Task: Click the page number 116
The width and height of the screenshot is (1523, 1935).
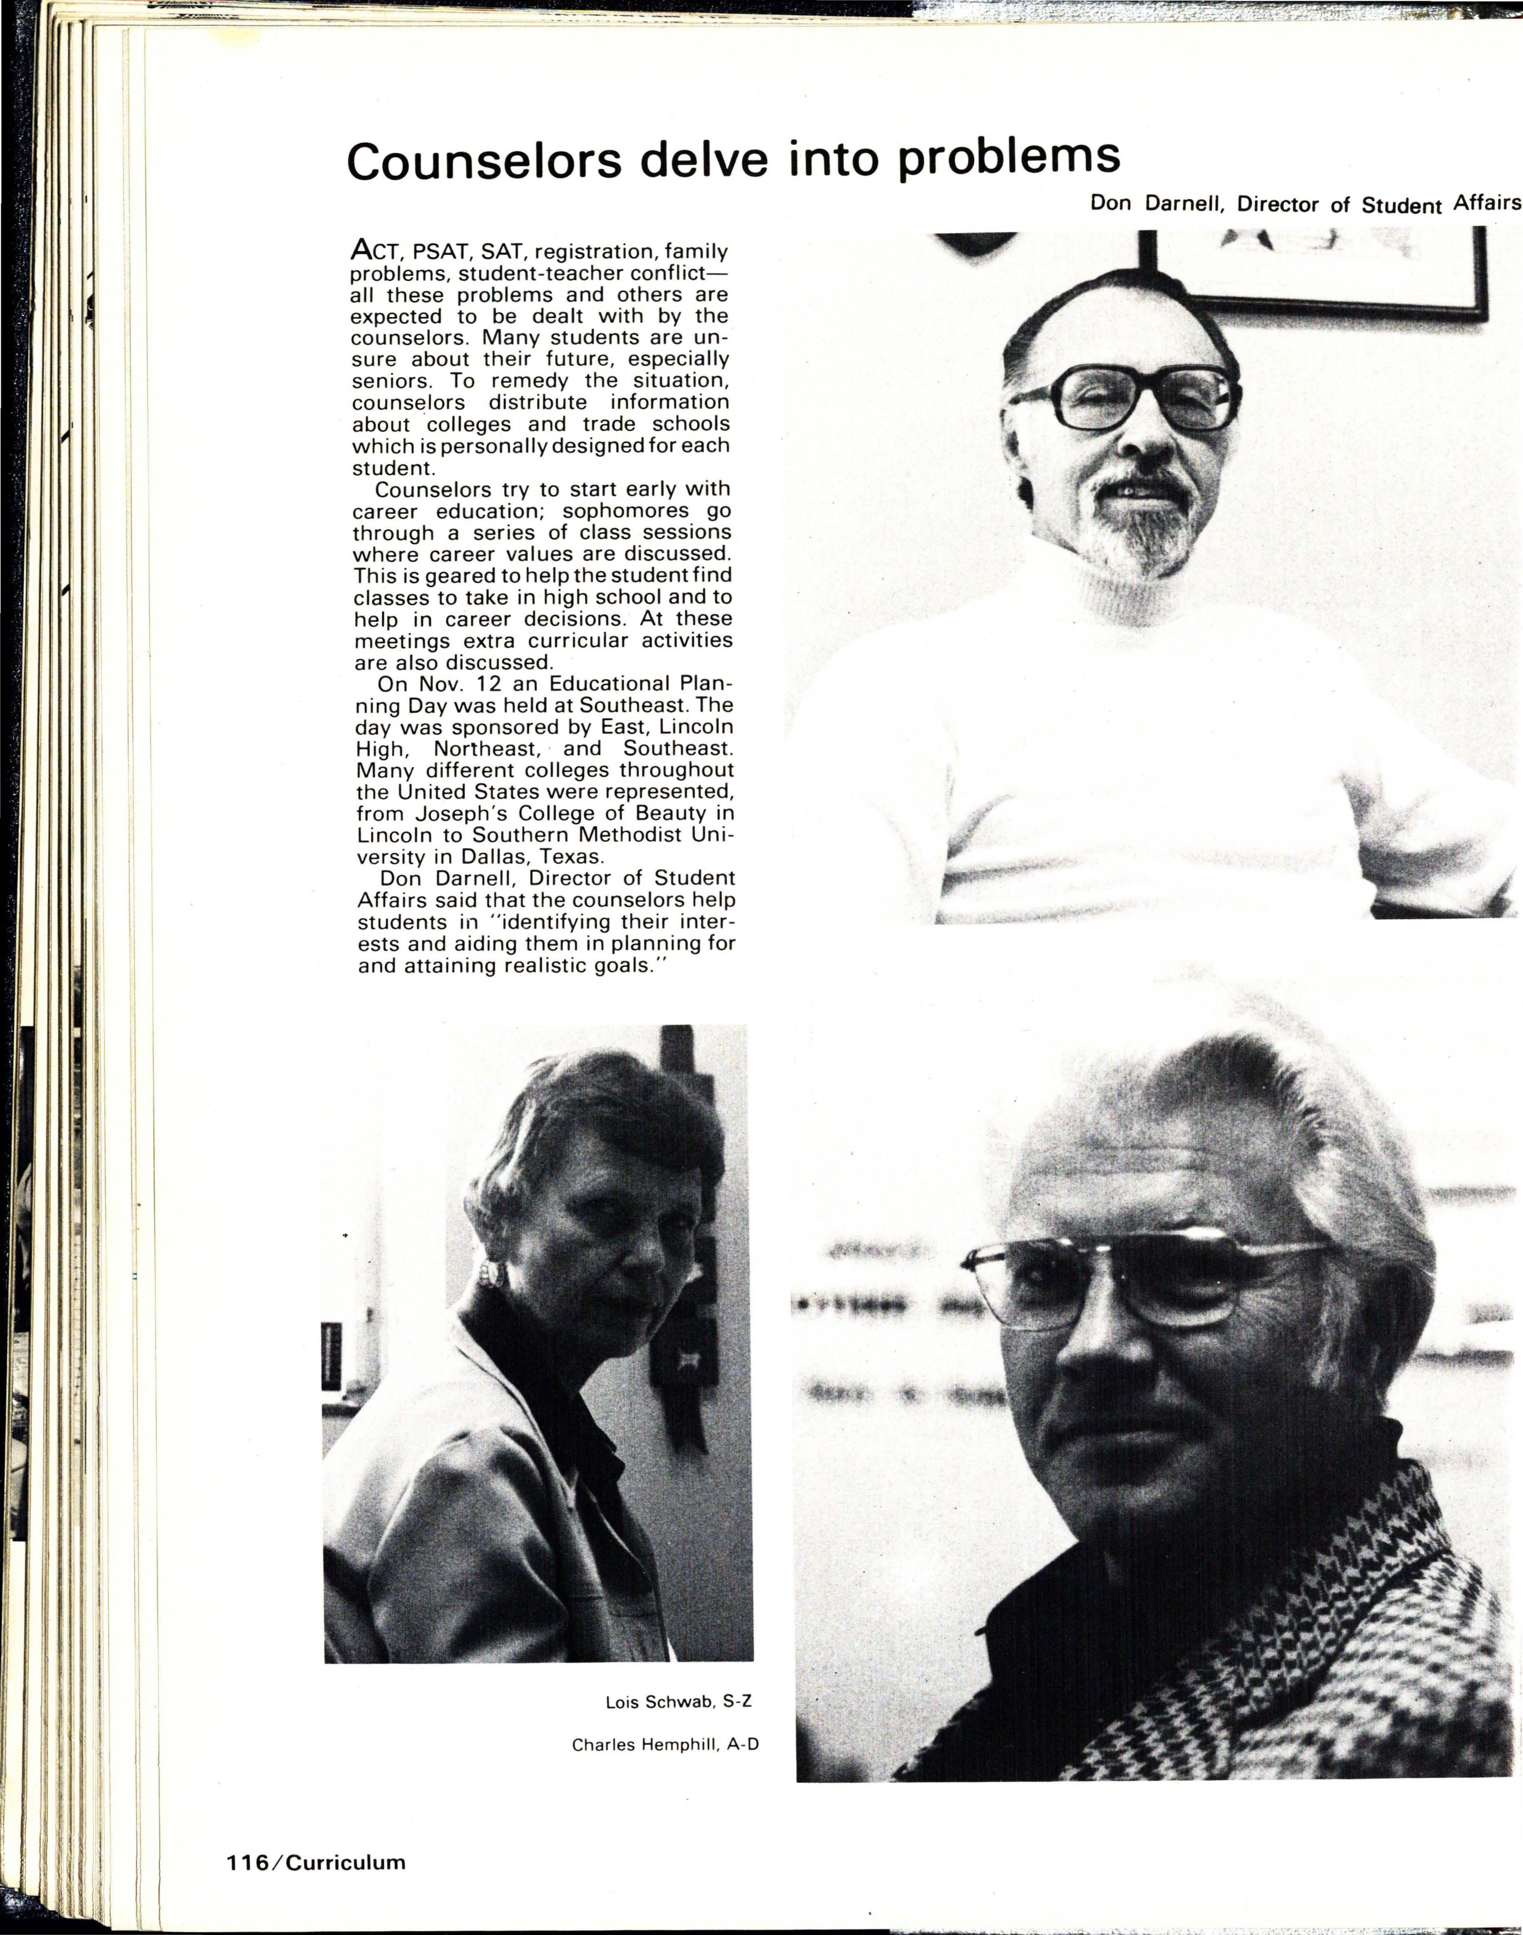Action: pyautogui.click(x=247, y=1863)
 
